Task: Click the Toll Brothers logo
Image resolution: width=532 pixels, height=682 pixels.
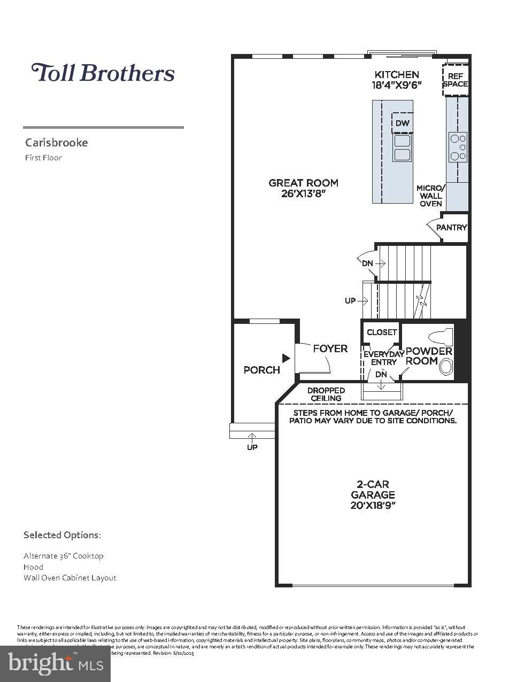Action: point(103,73)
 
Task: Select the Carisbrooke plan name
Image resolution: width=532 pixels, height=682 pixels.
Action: point(56,143)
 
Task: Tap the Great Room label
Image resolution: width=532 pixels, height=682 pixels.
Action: point(303,183)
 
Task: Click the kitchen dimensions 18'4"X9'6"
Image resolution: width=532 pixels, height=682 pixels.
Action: point(397,84)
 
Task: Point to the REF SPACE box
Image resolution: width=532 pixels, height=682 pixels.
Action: point(455,80)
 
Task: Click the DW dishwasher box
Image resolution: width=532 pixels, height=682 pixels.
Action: point(403,123)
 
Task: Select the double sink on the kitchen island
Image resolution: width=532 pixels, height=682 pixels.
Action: point(402,148)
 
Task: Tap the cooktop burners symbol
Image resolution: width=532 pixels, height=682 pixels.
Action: point(458,147)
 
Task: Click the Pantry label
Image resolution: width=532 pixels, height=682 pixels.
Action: point(451,227)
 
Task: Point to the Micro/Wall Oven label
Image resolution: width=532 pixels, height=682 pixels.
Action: point(430,196)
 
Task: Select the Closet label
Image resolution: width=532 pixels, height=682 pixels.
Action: point(382,332)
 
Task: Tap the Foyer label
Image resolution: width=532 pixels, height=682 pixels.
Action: point(330,348)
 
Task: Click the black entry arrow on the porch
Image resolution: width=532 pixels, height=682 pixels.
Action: point(286,358)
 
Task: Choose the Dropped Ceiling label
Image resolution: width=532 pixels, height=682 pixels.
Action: point(326,394)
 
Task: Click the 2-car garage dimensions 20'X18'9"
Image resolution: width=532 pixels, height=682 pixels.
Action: point(373,505)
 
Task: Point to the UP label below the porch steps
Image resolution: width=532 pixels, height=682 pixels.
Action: point(252,447)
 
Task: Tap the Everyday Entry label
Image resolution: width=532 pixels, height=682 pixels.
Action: point(383,358)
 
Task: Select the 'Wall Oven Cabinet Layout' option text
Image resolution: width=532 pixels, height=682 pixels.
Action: point(70,578)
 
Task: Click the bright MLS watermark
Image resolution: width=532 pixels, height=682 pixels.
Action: point(56,663)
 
